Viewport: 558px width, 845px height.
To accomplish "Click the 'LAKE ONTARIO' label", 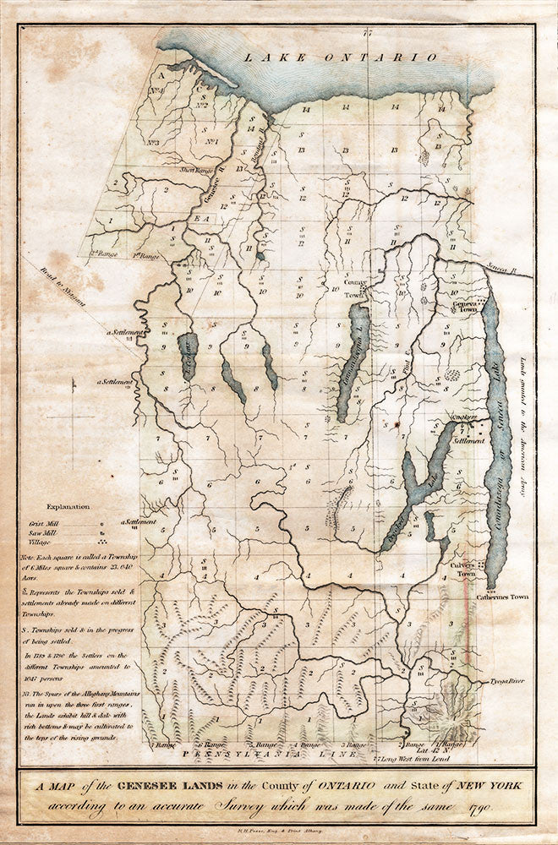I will [x=340, y=57].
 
